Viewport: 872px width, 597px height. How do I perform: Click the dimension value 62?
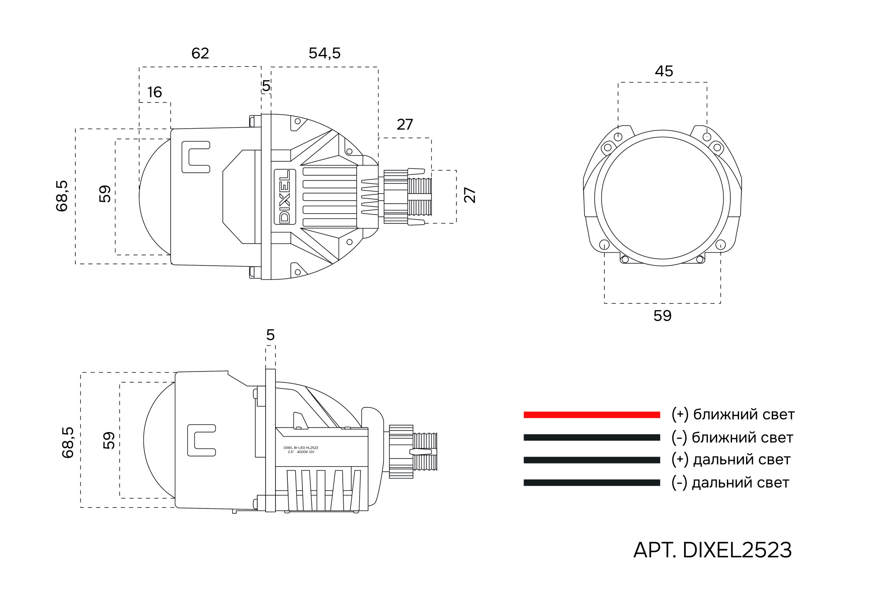pos(200,54)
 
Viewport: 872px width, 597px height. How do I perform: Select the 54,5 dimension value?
pos(324,54)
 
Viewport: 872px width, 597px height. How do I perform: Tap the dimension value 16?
pos(154,92)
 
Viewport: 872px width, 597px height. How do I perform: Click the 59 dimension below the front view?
pos(662,316)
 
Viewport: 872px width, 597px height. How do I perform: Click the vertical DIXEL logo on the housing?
pos(284,197)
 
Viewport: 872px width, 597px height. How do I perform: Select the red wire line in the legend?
pos(592,415)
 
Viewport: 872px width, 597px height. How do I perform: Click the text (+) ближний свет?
pos(732,414)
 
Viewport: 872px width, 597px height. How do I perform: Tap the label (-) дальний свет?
pos(730,483)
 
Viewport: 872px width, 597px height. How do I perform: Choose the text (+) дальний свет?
pos(731,460)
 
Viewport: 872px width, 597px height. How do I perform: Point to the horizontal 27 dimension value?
pos(405,125)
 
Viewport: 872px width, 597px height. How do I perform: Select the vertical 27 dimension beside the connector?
pos(470,195)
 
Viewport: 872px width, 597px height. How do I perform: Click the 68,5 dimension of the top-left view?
pos(62,196)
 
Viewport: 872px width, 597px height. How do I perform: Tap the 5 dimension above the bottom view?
pos(270,335)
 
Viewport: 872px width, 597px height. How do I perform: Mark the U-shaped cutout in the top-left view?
pos(196,157)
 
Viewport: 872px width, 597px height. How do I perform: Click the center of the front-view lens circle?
pos(662,198)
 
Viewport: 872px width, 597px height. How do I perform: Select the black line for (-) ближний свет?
pos(592,437)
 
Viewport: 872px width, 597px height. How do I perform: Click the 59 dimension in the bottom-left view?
pos(109,440)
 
